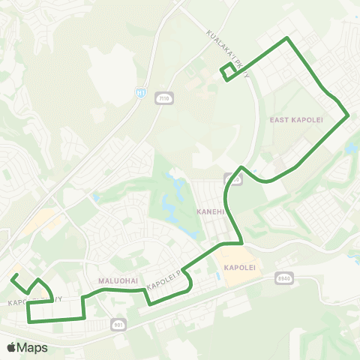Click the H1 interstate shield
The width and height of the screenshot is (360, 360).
point(140,91)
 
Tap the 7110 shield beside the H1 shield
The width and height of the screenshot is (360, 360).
point(162,97)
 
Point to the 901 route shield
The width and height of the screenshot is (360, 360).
point(119,325)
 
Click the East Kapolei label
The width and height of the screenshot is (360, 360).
point(289,119)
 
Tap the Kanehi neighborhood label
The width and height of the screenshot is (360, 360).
point(211,212)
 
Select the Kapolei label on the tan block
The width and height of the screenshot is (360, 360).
point(239,268)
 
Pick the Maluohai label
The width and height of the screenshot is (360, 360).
point(116,280)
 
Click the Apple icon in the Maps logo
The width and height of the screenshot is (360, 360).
point(11,347)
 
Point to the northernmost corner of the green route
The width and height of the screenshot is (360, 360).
point(286,37)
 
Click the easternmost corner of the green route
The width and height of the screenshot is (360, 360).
point(348,115)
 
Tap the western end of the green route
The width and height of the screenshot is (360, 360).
point(11,276)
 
